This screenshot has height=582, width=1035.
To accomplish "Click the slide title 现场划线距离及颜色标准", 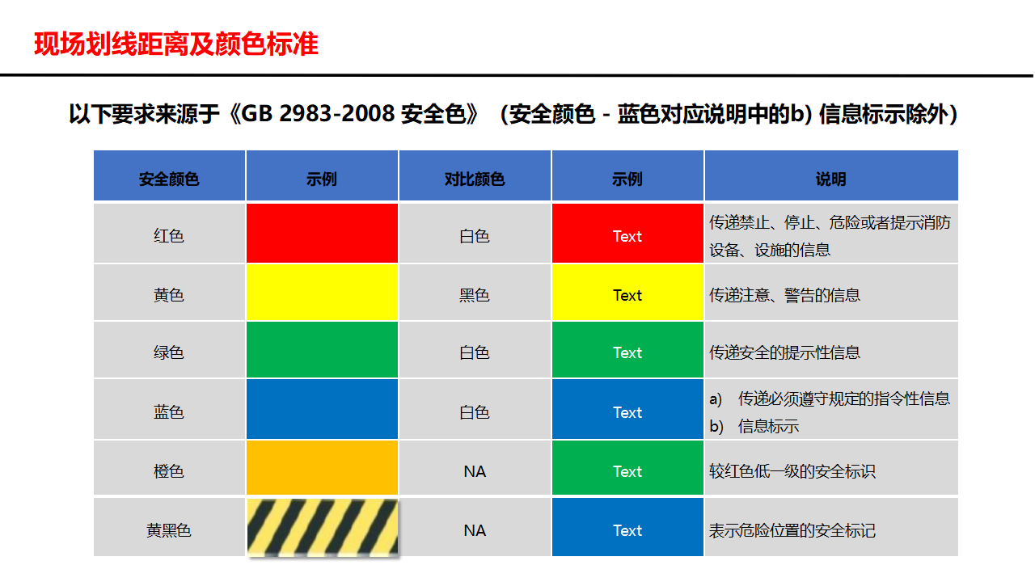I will [x=176, y=44].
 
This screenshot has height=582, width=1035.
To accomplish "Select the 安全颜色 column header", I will [x=169, y=179].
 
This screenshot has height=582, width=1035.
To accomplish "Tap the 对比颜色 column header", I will [x=475, y=179].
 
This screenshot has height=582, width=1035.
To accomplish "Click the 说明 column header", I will [x=830, y=179].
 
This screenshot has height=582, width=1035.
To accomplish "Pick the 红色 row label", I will [x=169, y=236].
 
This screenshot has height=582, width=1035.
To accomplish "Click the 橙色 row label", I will [x=169, y=470].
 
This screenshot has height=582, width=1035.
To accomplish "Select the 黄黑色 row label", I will [x=169, y=530].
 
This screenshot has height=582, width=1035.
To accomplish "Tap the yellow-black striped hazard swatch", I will [x=322, y=527].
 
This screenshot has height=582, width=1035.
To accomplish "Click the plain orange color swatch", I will [x=322, y=467].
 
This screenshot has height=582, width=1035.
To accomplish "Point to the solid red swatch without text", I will [x=322, y=233].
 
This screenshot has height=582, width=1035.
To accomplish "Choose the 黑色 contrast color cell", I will [x=475, y=295].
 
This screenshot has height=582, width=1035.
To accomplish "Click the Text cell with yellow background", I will [x=627, y=295].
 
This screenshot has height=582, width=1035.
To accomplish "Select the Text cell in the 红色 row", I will [x=627, y=236].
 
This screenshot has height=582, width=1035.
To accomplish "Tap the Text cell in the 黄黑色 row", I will [x=627, y=530].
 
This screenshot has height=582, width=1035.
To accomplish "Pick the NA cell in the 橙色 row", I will [x=475, y=470].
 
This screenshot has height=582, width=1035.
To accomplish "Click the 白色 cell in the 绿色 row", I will [x=475, y=352].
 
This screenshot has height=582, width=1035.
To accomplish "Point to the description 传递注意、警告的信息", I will [x=784, y=295].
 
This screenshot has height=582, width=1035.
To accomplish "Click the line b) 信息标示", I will [x=754, y=426].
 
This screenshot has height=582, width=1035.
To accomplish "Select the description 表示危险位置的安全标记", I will [x=792, y=530].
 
